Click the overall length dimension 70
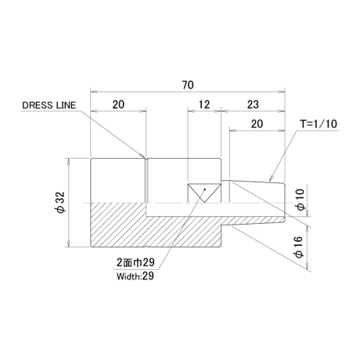(188, 85)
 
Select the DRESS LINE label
(49, 105)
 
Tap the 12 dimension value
(204, 105)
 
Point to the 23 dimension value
(253, 105)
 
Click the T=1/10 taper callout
(319, 124)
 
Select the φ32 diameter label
(61, 203)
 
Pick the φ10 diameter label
(301, 200)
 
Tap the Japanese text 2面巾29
(135, 262)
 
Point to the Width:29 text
(135, 276)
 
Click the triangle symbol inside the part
(204, 193)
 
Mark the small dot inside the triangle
(205, 189)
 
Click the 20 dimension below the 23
(257, 124)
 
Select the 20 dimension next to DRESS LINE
(118, 105)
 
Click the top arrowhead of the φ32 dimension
(69, 161)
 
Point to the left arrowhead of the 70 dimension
(93, 92)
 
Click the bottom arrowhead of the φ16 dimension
(307, 267)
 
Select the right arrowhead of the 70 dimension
(282, 92)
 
